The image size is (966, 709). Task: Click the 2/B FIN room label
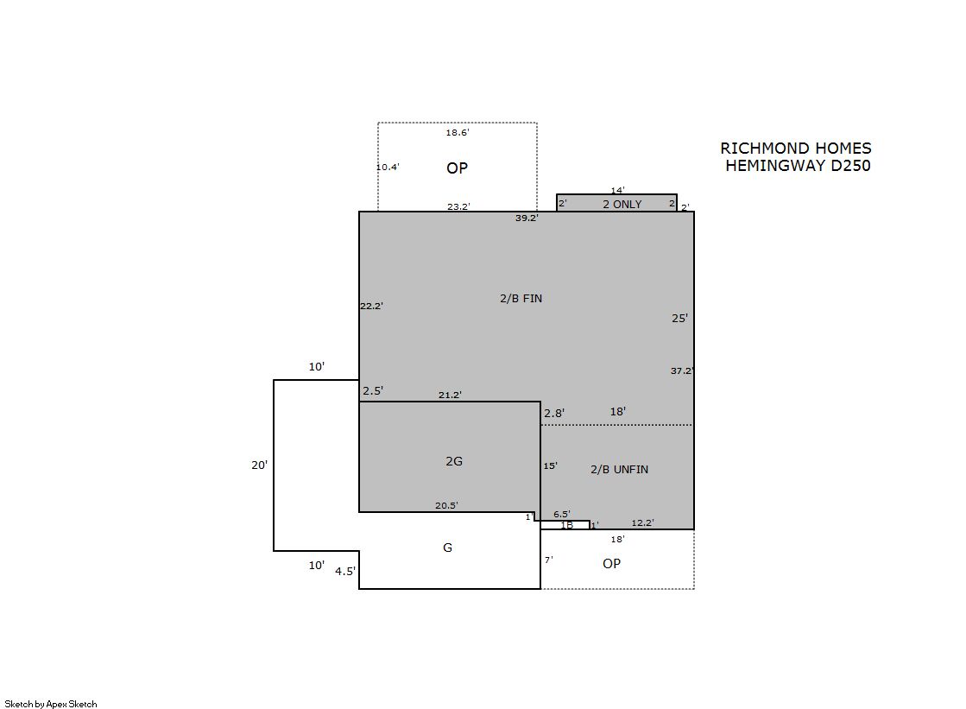(521, 299)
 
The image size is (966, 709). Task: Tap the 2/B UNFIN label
(619, 469)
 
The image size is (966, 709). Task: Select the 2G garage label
(454, 461)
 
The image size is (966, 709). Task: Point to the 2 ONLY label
(622, 204)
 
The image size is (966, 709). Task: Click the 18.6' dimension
(458, 132)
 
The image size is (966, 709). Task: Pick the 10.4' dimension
(388, 167)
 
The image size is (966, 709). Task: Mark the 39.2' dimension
(527, 218)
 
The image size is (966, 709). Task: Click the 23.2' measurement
(458, 206)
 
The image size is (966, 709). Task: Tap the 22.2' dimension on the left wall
(371, 306)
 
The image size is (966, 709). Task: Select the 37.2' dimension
(682, 370)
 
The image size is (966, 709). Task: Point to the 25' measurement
(679, 318)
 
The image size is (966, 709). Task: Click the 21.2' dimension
(450, 395)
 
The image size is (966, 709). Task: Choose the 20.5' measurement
(446, 505)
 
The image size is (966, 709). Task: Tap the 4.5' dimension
(345, 572)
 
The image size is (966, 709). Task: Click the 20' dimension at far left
(259, 465)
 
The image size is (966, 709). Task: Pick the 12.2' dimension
(642, 522)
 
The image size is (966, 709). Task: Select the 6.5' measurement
(561, 514)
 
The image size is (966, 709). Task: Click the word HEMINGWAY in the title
(776, 166)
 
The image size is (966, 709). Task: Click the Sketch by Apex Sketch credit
(51, 704)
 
